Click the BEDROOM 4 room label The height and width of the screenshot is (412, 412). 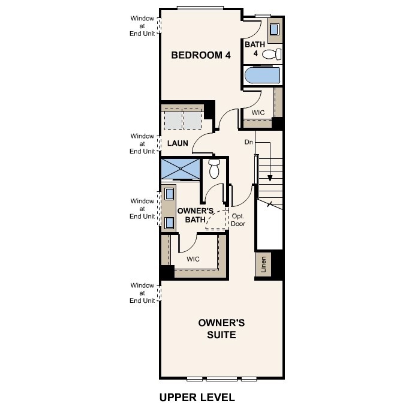[x=201, y=55]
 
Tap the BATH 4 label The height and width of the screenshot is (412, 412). [x=251, y=48]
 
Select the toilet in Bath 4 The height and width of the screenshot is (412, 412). [x=272, y=55]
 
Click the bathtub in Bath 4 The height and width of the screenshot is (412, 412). [x=263, y=76]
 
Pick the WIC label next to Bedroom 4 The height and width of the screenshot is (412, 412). [x=258, y=112]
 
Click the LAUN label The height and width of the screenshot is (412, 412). [x=178, y=143]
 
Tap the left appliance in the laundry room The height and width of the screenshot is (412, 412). [x=173, y=121]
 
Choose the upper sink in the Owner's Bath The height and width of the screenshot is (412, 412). [x=169, y=194]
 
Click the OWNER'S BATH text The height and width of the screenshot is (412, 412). [x=195, y=215]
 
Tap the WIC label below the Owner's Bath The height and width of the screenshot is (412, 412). [x=193, y=259]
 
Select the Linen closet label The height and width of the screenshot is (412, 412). [x=263, y=264]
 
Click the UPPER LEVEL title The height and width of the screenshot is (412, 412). [x=197, y=397]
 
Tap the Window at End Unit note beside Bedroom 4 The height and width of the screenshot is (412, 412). [x=143, y=26]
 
